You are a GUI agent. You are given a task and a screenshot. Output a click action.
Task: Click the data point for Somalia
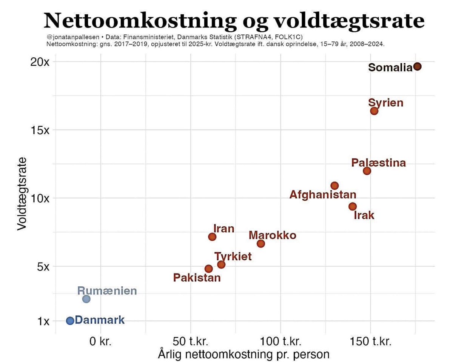click(x=417, y=66)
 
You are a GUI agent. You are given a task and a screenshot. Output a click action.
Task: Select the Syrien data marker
click(x=374, y=111)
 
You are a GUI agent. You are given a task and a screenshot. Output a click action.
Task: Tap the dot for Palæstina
click(x=367, y=171)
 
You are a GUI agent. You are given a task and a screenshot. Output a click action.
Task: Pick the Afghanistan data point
click(x=334, y=186)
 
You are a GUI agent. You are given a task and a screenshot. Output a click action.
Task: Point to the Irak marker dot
click(x=353, y=206)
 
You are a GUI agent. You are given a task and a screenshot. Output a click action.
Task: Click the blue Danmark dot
click(x=70, y=321)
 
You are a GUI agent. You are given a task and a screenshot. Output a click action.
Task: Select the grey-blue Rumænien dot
click(x=86, y=299)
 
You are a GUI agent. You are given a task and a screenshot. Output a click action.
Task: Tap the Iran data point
click(x=212, y=237)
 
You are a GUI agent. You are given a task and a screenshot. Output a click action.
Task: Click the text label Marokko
click(x=273, y=235)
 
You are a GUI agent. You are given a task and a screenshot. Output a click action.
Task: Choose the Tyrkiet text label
click(x=233, y=257)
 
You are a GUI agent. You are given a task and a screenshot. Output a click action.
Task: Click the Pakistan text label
click(x=197, y=278)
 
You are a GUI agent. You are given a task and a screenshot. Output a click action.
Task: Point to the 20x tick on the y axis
click(x=40, y=62)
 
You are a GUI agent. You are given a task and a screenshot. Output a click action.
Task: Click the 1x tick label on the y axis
click(x=43, y=321)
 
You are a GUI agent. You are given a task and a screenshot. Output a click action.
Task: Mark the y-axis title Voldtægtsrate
click(x=22, y=194)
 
